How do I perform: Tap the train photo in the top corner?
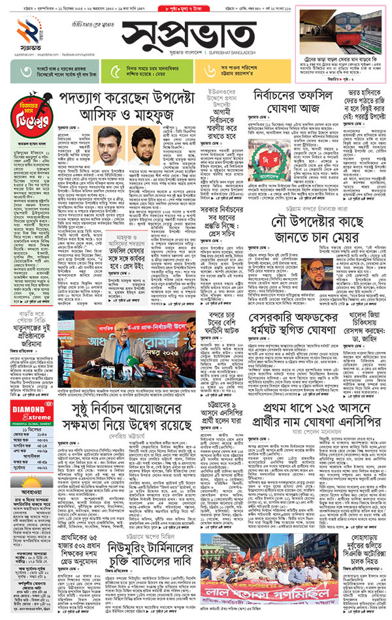[338, 31]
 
